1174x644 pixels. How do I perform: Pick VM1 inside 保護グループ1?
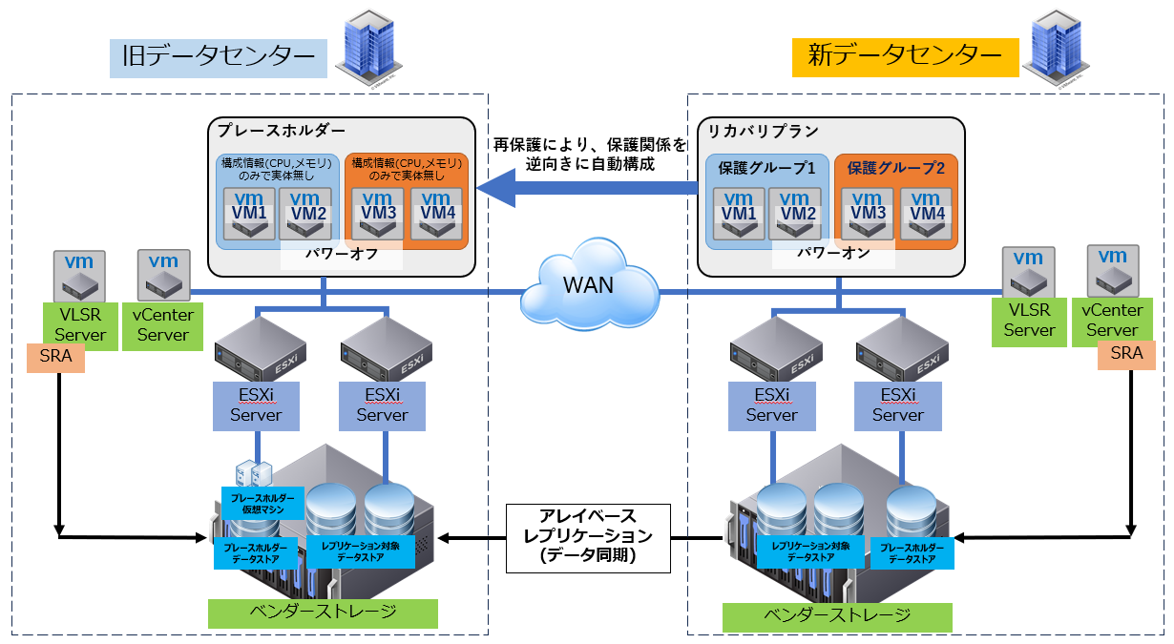[x=737, y=213]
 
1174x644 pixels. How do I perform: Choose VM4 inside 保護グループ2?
[x=926, y=213]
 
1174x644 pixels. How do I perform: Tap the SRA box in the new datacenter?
[x=1126, y=355]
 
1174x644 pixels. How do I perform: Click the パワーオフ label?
[x=342, y=255]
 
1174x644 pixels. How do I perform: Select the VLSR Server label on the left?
[x=79, y=324]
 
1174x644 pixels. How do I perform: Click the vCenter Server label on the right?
[x=1112, y=320]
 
